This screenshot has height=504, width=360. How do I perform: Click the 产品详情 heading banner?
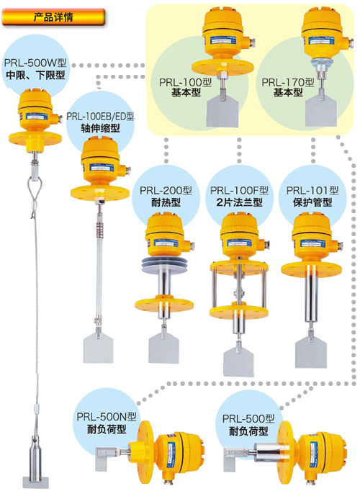point(53,17)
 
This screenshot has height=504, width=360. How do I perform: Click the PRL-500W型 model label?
point(35,63)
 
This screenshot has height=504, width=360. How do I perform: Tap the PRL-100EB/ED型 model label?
point(100,117)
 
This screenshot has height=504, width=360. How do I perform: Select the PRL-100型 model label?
point(186,82)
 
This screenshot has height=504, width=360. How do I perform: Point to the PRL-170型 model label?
point(288,82)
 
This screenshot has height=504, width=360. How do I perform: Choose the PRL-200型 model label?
point(166,190)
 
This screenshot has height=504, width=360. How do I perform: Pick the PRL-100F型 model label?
point(240,190)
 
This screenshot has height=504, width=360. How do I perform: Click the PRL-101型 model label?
point(312,190)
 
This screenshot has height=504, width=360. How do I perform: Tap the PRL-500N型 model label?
point(107,417)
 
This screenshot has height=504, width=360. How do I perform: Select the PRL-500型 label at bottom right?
point(248,418)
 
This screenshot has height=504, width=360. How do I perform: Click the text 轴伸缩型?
point(100,128)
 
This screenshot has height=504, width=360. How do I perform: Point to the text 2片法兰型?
point(240,202)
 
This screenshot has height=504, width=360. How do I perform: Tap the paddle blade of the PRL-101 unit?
point(311,352)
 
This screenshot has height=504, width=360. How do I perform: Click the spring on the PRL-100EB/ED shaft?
point(99,228)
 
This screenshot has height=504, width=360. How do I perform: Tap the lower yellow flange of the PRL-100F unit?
point(239,311)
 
